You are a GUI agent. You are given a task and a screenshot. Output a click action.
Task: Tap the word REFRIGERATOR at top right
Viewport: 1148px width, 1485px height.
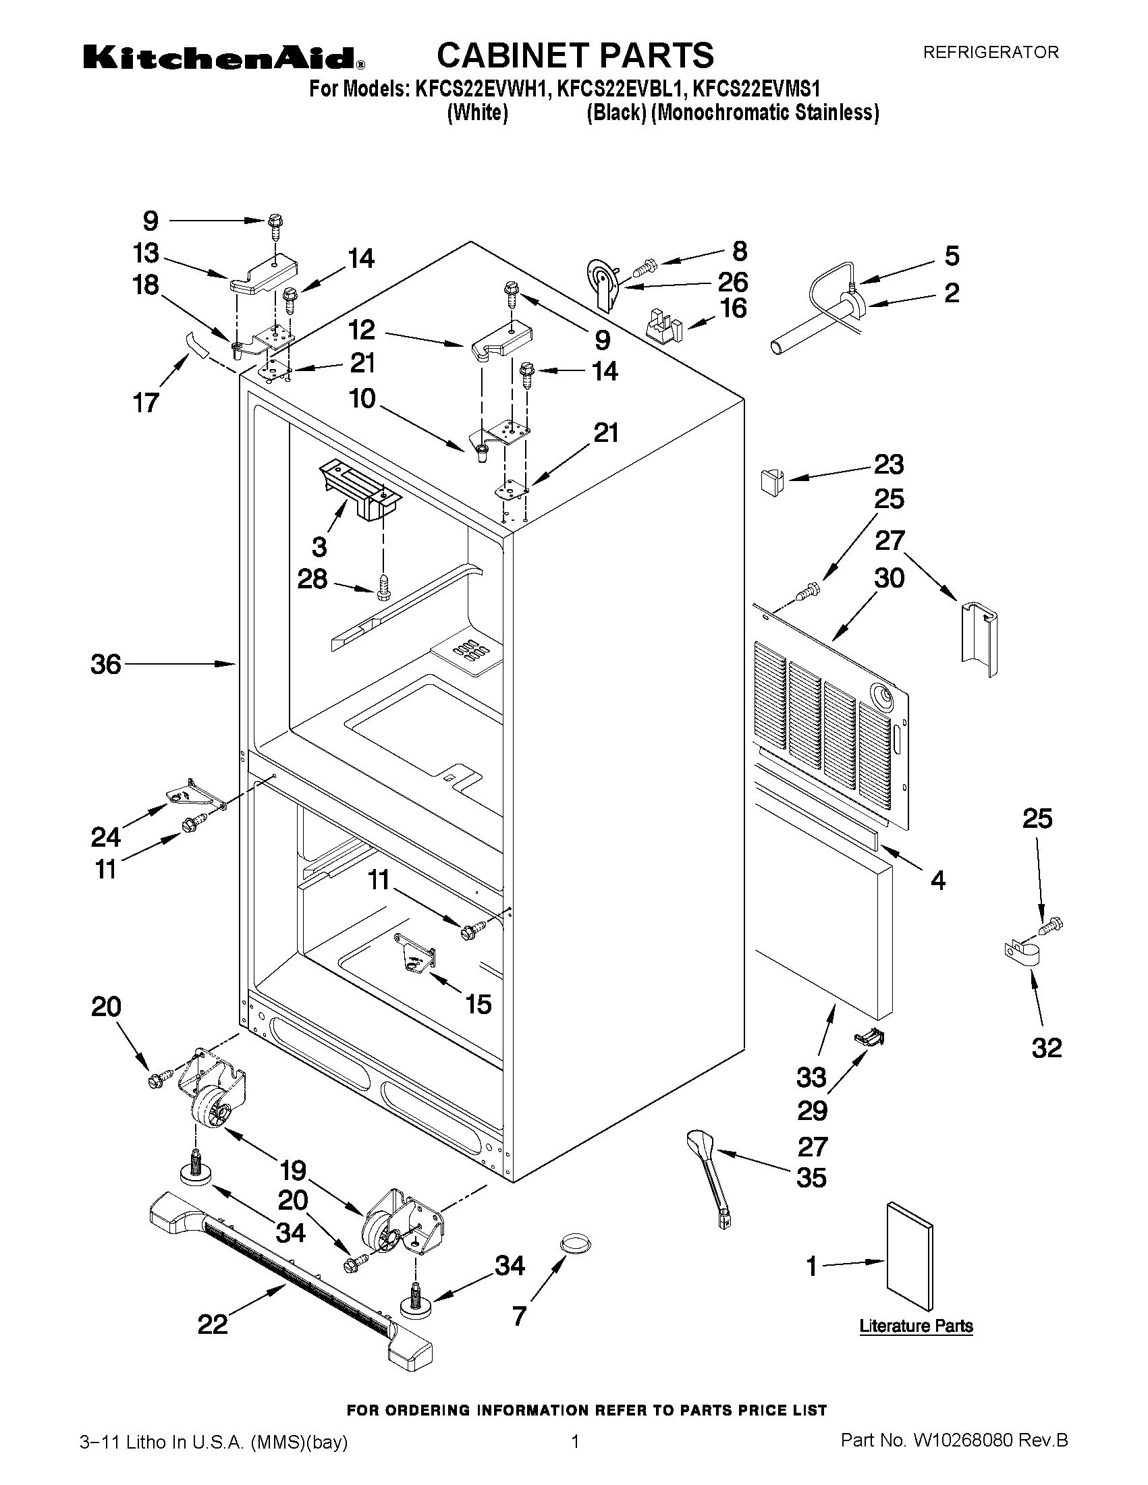coord(990,53)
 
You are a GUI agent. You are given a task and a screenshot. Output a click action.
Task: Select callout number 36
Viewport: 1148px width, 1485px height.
coord(105,665)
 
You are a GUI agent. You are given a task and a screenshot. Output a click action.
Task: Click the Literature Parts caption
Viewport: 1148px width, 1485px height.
coord(915,1325)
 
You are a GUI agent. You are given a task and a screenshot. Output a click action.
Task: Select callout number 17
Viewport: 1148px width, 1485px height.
coord(146,403)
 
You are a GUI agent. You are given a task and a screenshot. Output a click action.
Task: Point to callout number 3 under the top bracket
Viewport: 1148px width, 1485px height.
coord(319,546)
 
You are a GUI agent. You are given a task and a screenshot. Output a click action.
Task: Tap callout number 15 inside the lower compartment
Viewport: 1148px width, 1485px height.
coord(478,1004)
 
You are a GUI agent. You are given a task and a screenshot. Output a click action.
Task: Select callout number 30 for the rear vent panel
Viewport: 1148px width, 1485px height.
coord(889,579)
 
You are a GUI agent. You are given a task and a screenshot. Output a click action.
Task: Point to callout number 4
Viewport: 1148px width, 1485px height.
coord(937,880)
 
